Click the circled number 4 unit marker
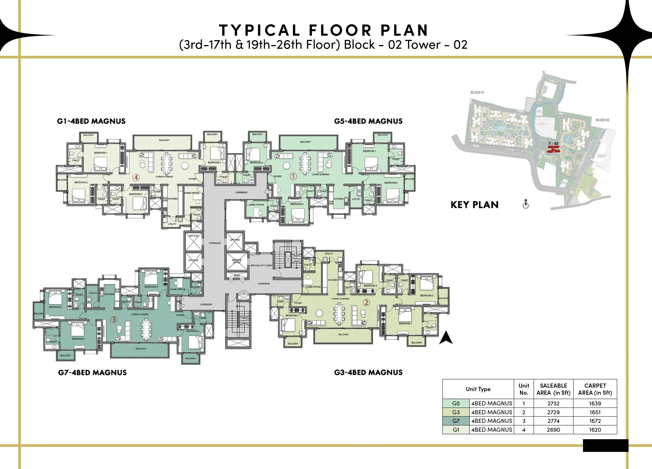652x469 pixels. pyautogui.click(x=136, y=177)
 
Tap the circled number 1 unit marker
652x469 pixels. pyautogui.click(x=293, y=176)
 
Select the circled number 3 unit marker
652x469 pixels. pyautogui.click(x=114, y=319)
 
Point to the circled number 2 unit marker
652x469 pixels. pyautogui.click(x=366, y=302)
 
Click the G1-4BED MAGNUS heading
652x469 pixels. pyautogui.click(x=91, y=121)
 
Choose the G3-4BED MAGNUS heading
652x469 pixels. pyautogui.click(x=368, y=373)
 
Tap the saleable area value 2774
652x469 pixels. pyautogui.click(x=553, y=421)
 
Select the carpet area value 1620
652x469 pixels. pyautogui.click(x=595, y=430)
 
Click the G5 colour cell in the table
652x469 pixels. pyautogui.click(x=456, y=404)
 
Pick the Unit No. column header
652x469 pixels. pyautogui.click(x=523, y=389)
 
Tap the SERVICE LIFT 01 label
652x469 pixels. pyautogui.click(x=237, y=261)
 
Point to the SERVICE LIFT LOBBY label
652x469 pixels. pyautogui.click(x=261, y=265)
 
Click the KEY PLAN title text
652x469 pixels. pyautogui.click(x=474, y=205)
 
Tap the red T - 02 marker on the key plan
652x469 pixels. pyautogui.click(x=553, y=148)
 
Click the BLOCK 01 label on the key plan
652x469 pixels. pyautogui.click(x=477, y=92)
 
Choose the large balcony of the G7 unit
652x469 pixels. pyautogui.click(x=140, y=350)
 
